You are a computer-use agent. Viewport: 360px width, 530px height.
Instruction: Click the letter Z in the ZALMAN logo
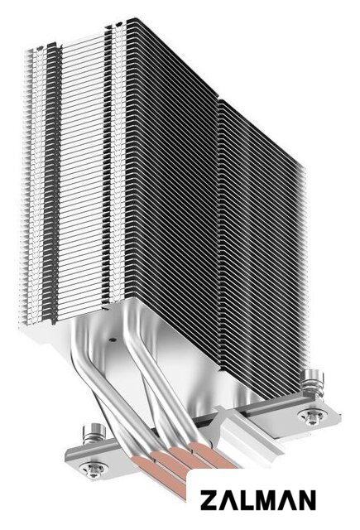pyautogui.click(x=209, y=500)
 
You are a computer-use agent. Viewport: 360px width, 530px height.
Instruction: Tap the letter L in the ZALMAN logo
pyautogui.click(x=242, y=500)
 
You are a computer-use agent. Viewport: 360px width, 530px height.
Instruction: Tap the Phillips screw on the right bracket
pyautogui.click(x=310, y=417)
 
